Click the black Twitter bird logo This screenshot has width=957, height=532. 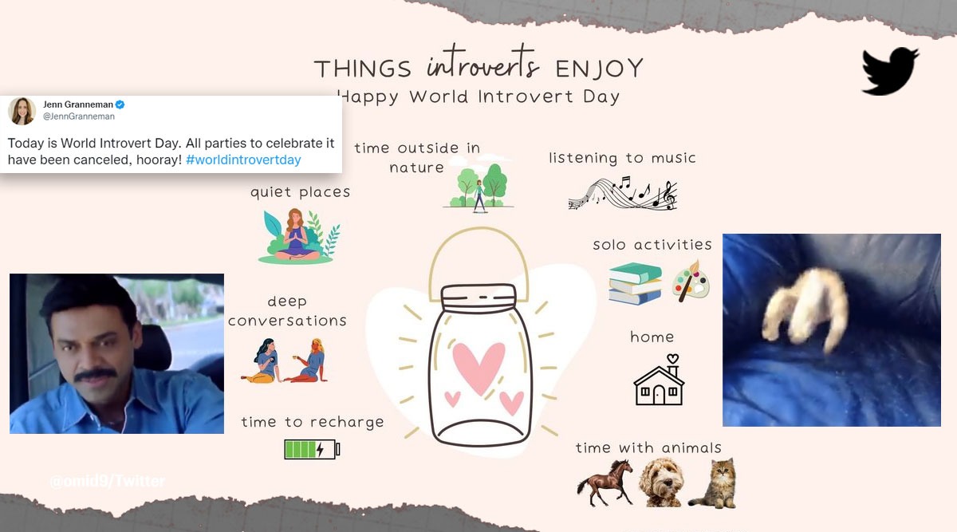pos(889,71)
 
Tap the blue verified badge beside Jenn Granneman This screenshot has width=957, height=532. pos(120,104)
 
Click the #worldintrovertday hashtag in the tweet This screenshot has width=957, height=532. pos(243,160)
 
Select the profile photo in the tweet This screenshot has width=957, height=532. pos(22,111)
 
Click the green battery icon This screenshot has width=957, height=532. pos(312,449)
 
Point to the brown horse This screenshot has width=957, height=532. pos(605,483)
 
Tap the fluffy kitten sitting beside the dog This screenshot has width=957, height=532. pos(715,483)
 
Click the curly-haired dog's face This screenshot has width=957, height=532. pos(661,482)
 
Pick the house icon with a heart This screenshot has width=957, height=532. pos(659,380)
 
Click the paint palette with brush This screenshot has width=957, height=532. pos(691,282)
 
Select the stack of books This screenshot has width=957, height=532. pos(636,284)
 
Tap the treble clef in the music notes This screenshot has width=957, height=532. pos(669,195)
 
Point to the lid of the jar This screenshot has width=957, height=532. pos(478,298)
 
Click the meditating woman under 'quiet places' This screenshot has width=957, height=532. pos(296,235)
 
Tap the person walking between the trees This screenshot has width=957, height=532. pos(479,196)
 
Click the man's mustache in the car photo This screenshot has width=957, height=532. pos(95,375)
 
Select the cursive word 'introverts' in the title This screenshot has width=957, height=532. pos(482,64)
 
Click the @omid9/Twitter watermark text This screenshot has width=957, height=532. pos(107,482)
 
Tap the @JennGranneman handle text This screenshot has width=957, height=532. pos(79,116)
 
